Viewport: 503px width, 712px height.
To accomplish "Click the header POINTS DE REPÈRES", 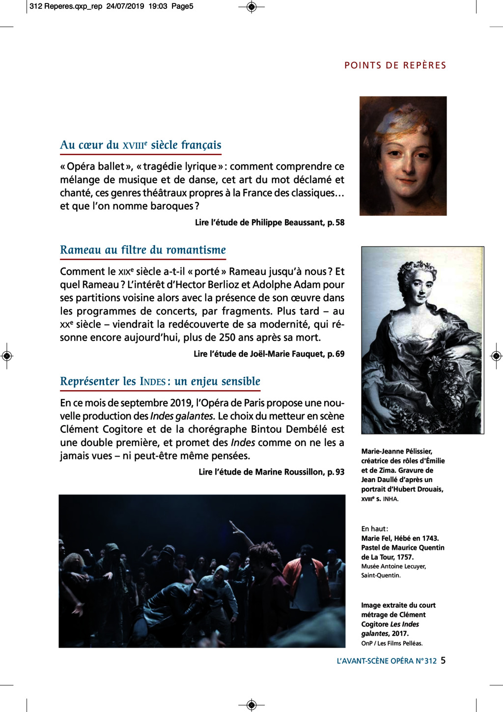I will [395, 65].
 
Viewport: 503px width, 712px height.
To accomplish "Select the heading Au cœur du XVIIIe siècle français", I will [140, 145].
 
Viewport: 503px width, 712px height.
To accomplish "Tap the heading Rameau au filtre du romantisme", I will [143, 250].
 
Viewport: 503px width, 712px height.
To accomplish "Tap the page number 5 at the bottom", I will [443, 660].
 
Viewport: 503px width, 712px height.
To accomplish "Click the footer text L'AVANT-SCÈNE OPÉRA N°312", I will [387, 661].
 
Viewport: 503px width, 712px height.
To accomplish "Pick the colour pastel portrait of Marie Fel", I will [403, 156].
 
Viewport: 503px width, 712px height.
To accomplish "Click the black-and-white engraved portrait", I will [422, 340].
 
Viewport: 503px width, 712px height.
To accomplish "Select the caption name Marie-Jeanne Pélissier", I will [396, 451].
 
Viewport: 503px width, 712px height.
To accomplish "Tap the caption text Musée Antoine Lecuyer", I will [393, 566].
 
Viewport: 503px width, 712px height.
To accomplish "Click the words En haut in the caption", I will [374, 529].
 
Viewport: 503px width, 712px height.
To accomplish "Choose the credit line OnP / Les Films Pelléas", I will [391, 643].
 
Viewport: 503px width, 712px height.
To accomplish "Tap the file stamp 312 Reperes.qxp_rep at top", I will [66, 6].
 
